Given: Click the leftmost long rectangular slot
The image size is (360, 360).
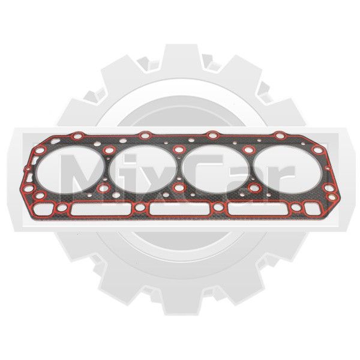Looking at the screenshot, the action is (101, 209).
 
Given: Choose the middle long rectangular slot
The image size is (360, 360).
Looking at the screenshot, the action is (180, 209).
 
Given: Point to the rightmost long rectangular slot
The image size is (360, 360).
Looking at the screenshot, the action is (259, 209).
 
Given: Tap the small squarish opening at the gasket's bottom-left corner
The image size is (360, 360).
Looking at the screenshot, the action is (43, 209).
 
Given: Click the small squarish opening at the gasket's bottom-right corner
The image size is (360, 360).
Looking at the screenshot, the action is (313, 208).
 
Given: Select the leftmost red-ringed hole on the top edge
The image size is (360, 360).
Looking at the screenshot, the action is (77, 136).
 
